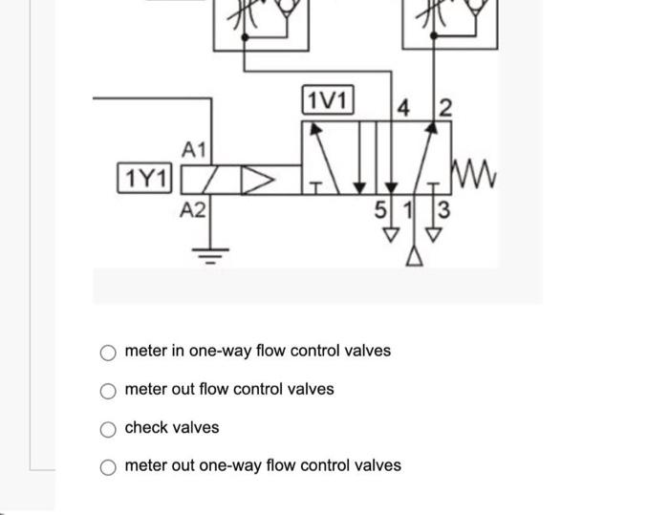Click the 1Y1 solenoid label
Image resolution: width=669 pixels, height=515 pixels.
(143, 178)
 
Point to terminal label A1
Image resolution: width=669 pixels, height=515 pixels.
(194, 149)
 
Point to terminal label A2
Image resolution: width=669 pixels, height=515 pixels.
(193, 209)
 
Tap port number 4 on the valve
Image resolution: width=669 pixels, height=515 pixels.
(403, 109)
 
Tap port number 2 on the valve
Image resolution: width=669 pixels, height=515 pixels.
(445, 109)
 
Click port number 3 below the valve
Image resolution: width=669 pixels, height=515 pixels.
(442, 207)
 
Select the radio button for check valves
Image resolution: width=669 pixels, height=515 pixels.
(110, 428)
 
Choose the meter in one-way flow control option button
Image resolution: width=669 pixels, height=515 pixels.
(110, 352)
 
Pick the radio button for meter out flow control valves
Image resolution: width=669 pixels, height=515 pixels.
(110, 390)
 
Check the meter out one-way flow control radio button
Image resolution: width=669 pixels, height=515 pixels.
(110, 466)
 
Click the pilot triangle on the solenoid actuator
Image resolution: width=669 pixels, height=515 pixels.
(260, 178)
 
